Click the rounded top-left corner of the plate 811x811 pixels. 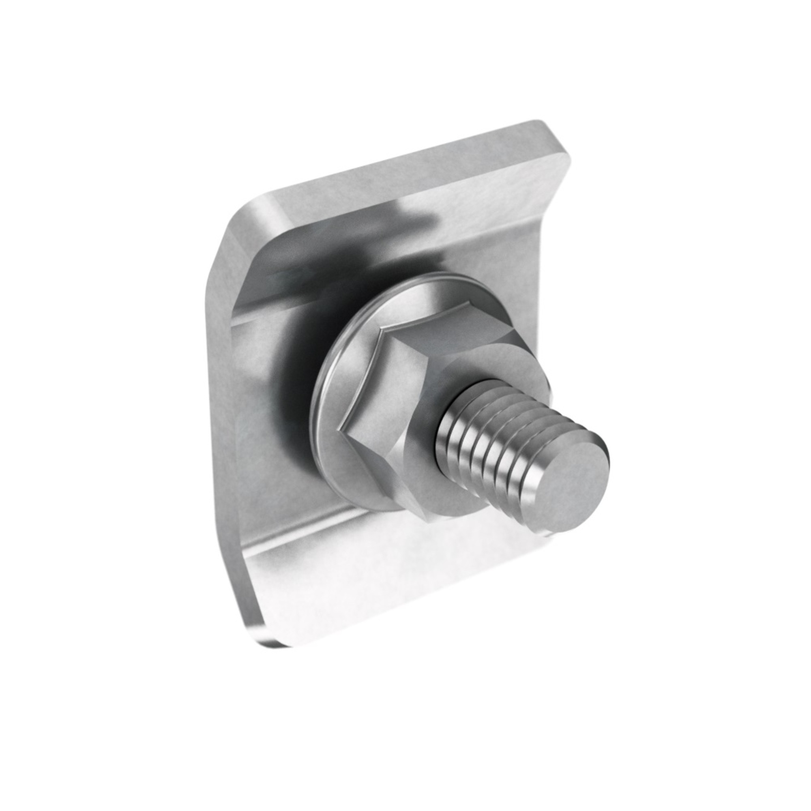[243, 210]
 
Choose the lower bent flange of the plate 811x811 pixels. [378, 588]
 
